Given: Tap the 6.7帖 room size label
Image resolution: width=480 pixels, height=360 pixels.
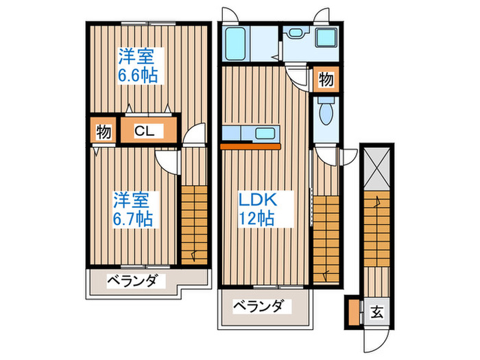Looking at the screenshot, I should [133, 219].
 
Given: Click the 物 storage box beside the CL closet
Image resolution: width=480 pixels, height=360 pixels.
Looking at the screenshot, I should [103, 131].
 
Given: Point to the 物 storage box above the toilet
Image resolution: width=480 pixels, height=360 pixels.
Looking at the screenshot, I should [326, 80].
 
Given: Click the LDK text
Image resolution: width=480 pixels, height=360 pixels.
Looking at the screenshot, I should [256, 200].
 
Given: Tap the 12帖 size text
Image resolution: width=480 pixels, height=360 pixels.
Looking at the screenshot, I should [256, 219].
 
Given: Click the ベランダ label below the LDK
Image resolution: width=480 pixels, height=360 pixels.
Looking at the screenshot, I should [256, 306].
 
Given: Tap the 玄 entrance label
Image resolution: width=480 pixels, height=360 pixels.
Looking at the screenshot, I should [376, 312].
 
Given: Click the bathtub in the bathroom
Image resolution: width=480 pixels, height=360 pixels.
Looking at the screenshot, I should [237, 44].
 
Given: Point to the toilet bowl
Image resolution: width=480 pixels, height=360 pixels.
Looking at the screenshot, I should [325, 113].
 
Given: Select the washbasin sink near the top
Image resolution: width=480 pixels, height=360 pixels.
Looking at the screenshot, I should [297, 32].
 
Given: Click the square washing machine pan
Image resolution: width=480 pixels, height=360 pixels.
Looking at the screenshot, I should [324, 38].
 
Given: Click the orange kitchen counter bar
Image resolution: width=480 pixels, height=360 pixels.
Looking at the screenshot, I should [250, 146].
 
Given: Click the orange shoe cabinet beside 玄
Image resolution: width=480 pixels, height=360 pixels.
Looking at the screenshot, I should [353, 312].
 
